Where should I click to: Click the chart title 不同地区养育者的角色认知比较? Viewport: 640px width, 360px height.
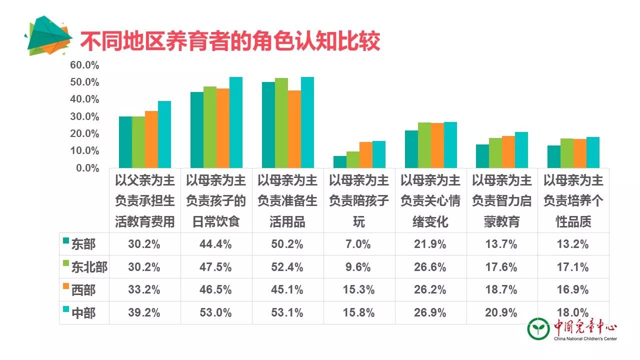230,41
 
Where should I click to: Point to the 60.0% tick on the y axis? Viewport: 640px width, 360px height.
84,65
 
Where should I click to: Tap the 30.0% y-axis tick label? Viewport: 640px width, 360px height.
84,116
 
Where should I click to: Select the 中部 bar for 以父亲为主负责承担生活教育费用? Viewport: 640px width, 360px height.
164,134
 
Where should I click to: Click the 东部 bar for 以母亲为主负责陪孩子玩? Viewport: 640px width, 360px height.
340,162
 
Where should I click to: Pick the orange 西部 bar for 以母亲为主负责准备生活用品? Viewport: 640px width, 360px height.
294,129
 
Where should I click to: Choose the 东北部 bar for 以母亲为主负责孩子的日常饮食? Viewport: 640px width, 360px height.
210,127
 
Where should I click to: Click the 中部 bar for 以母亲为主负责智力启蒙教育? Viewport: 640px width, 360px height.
521,150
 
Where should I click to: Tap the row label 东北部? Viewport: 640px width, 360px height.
89,267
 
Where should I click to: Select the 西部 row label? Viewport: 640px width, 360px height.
83,290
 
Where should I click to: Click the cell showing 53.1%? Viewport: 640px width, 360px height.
287,313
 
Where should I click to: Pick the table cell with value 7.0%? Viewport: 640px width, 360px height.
359,244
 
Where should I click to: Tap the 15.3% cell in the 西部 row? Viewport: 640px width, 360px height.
359,290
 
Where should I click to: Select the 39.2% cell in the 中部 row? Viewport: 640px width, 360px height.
144,313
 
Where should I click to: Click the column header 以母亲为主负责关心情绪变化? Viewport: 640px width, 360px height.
430,200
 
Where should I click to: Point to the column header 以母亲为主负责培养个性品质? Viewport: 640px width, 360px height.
573,200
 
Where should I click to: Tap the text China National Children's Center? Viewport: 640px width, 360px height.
585,339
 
